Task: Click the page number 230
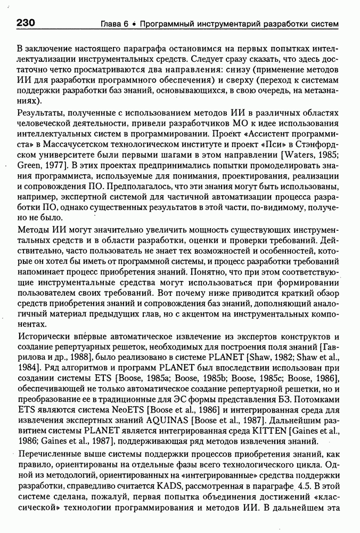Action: (x=26, y=23)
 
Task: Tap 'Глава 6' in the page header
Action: (x=115, y=25)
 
